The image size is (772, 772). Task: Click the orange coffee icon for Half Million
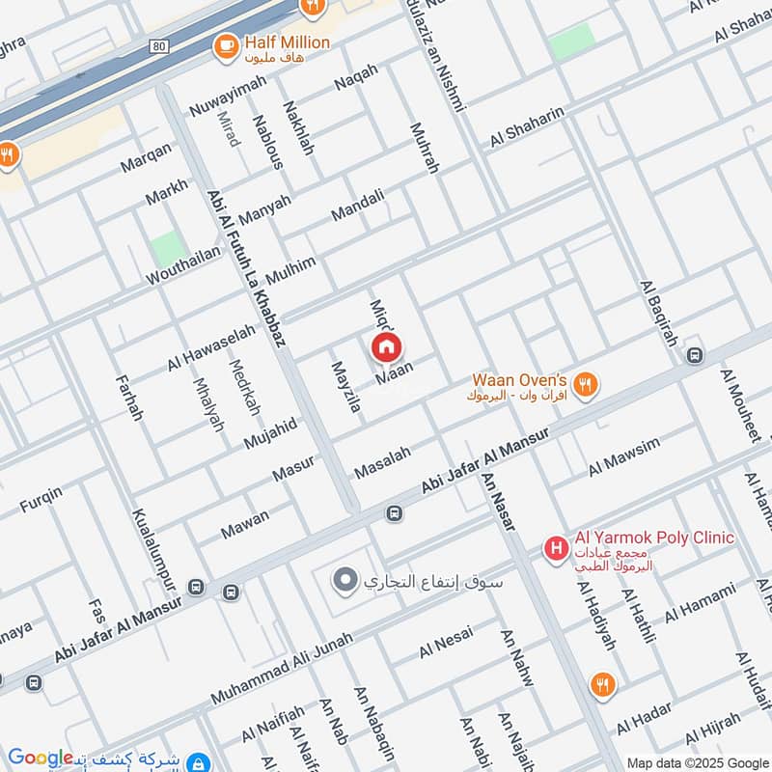(x=227, y=44)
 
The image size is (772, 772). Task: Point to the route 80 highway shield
(x=161, y=45)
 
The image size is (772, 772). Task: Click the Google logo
(x=41, y=758)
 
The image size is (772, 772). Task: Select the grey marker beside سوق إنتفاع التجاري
(x=345, y=581)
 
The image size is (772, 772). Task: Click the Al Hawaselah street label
(x=211, y=347)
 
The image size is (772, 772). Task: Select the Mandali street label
(x=358, y=204)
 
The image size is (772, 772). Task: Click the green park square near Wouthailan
(x=168, y=249)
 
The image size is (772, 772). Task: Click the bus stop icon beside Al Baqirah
(x=694, y=355)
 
